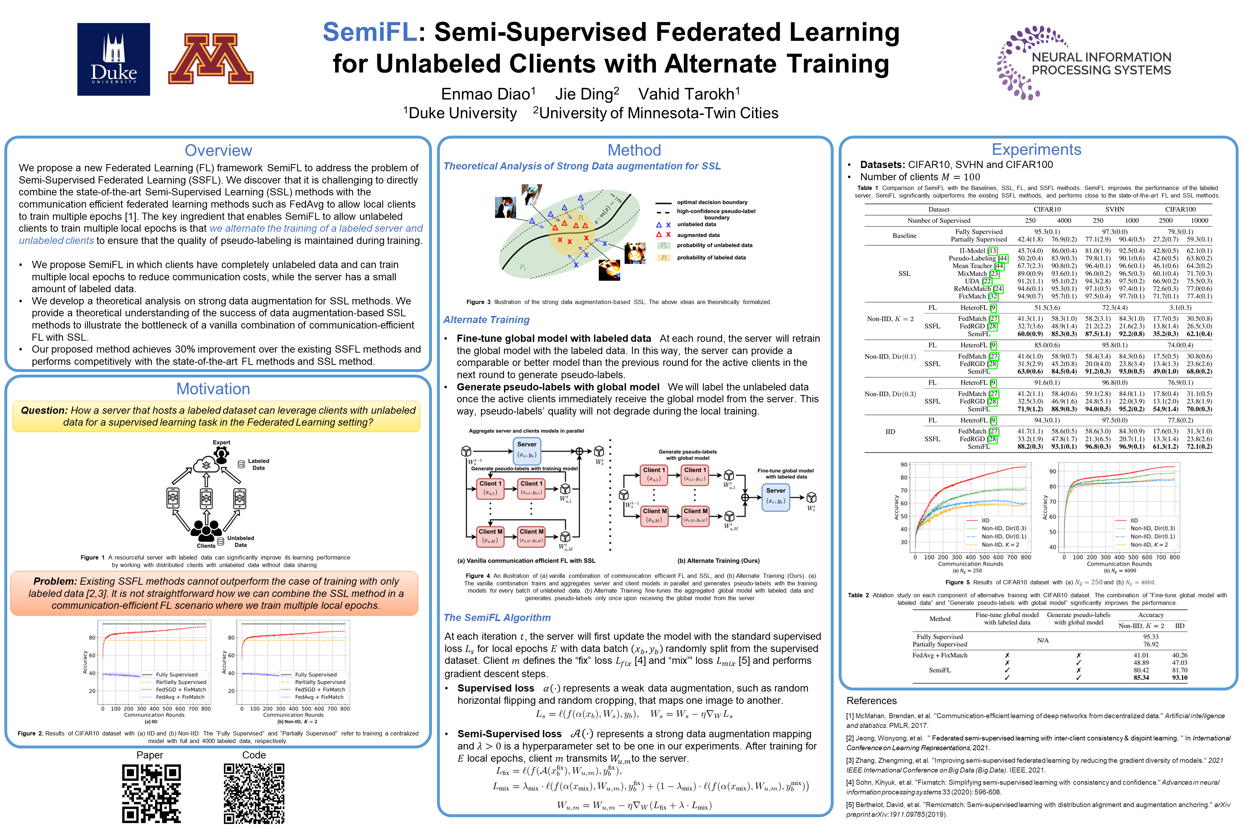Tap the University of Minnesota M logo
[211, 59]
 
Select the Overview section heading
[218, 151]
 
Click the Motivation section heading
[213, 389]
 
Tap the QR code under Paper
[151, 793]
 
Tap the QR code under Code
[254, 793]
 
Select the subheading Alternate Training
[486, 320]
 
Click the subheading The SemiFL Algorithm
[497, 617]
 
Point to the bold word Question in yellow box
[44, 410]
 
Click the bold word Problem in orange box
[55, 581]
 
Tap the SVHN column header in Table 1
[1114, 209]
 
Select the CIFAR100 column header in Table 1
[1180, 209]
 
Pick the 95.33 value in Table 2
[1150, 637]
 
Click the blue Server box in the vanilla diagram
[527, 449]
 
